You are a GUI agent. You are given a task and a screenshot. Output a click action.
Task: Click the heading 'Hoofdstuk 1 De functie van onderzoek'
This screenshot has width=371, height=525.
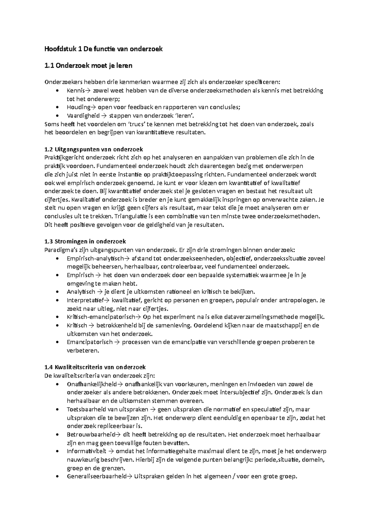pyautogui.click(x=103, y=49)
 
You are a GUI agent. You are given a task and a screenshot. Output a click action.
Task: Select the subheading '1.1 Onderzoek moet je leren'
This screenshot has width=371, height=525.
pyautogui.click(x=88, y=66)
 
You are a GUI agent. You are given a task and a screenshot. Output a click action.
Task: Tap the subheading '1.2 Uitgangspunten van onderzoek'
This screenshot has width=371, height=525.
pyautogui.click(x=94, y=149)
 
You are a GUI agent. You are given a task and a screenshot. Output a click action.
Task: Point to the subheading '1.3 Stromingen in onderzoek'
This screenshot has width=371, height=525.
pyautogui.click(x=85, y=241)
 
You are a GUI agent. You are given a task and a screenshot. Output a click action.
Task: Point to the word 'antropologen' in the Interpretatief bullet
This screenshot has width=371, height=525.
pyautogui.click(x=298, y=300)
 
